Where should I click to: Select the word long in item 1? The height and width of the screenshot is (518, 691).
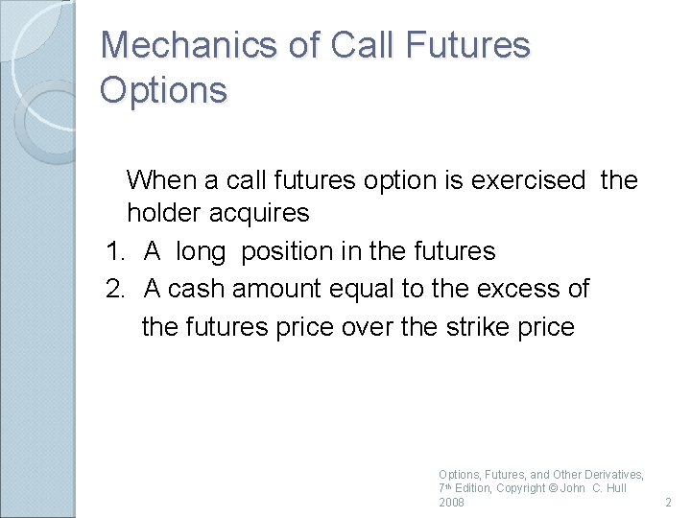(x=201, y=252)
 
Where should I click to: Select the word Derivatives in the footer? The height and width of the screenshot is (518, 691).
(x=611, y=475)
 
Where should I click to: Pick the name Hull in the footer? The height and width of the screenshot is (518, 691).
(x=613, y=488)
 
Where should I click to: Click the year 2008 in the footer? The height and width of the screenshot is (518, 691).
(x=451, y=503)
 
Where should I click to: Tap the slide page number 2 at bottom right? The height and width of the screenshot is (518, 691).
(x=668, y=503)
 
